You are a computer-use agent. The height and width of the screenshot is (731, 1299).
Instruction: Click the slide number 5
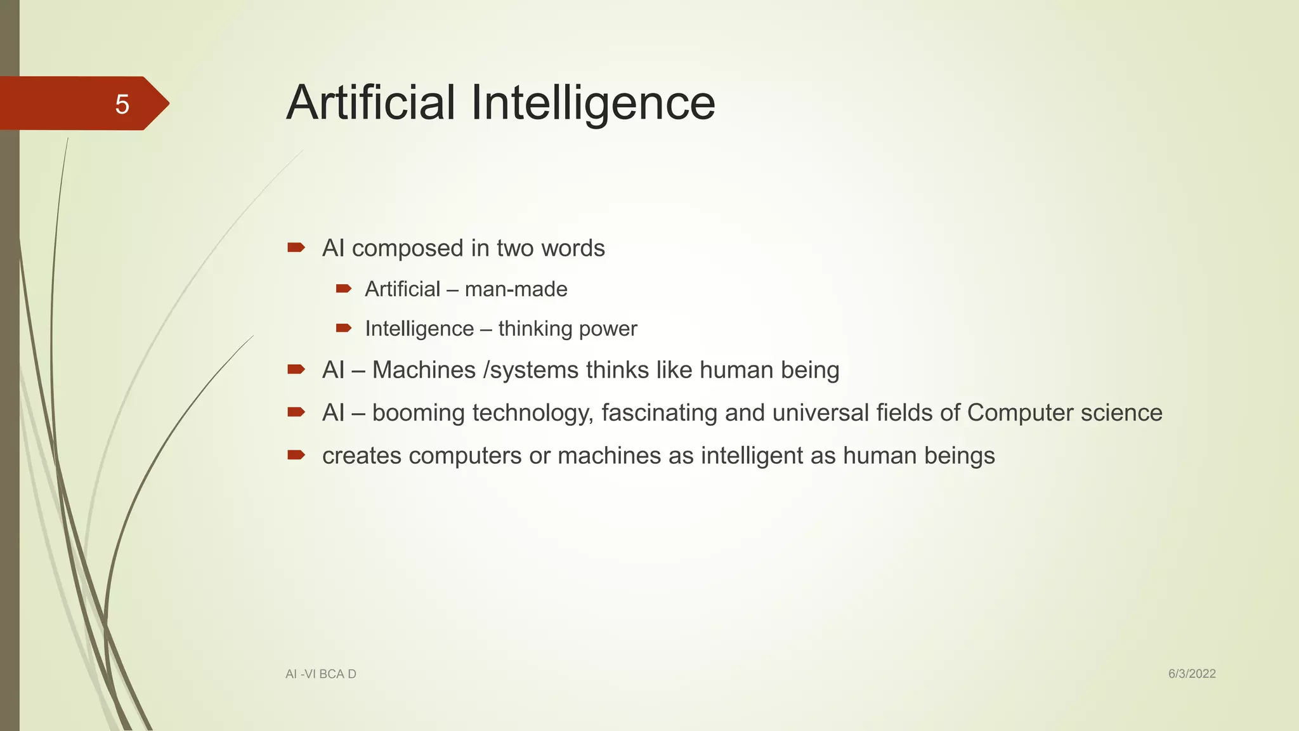(122, 104)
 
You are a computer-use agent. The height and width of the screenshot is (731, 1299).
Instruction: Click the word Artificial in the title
(370, 103)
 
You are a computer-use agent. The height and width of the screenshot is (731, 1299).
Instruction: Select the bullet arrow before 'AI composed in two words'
(296, 247)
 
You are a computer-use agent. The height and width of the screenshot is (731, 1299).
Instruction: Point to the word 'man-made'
(516, 289)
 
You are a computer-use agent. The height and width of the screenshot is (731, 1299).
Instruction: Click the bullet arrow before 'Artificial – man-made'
(343, 289)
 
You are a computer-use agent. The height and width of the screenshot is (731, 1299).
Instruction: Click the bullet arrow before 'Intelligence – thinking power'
(343, 328)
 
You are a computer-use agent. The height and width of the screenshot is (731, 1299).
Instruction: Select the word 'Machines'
(424, 370)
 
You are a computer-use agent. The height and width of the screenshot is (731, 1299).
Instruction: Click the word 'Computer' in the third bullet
(1020, 413)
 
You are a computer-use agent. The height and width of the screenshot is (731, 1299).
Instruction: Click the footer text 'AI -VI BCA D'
(321, 674)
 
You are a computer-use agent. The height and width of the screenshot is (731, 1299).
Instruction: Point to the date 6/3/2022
(1192, 674)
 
